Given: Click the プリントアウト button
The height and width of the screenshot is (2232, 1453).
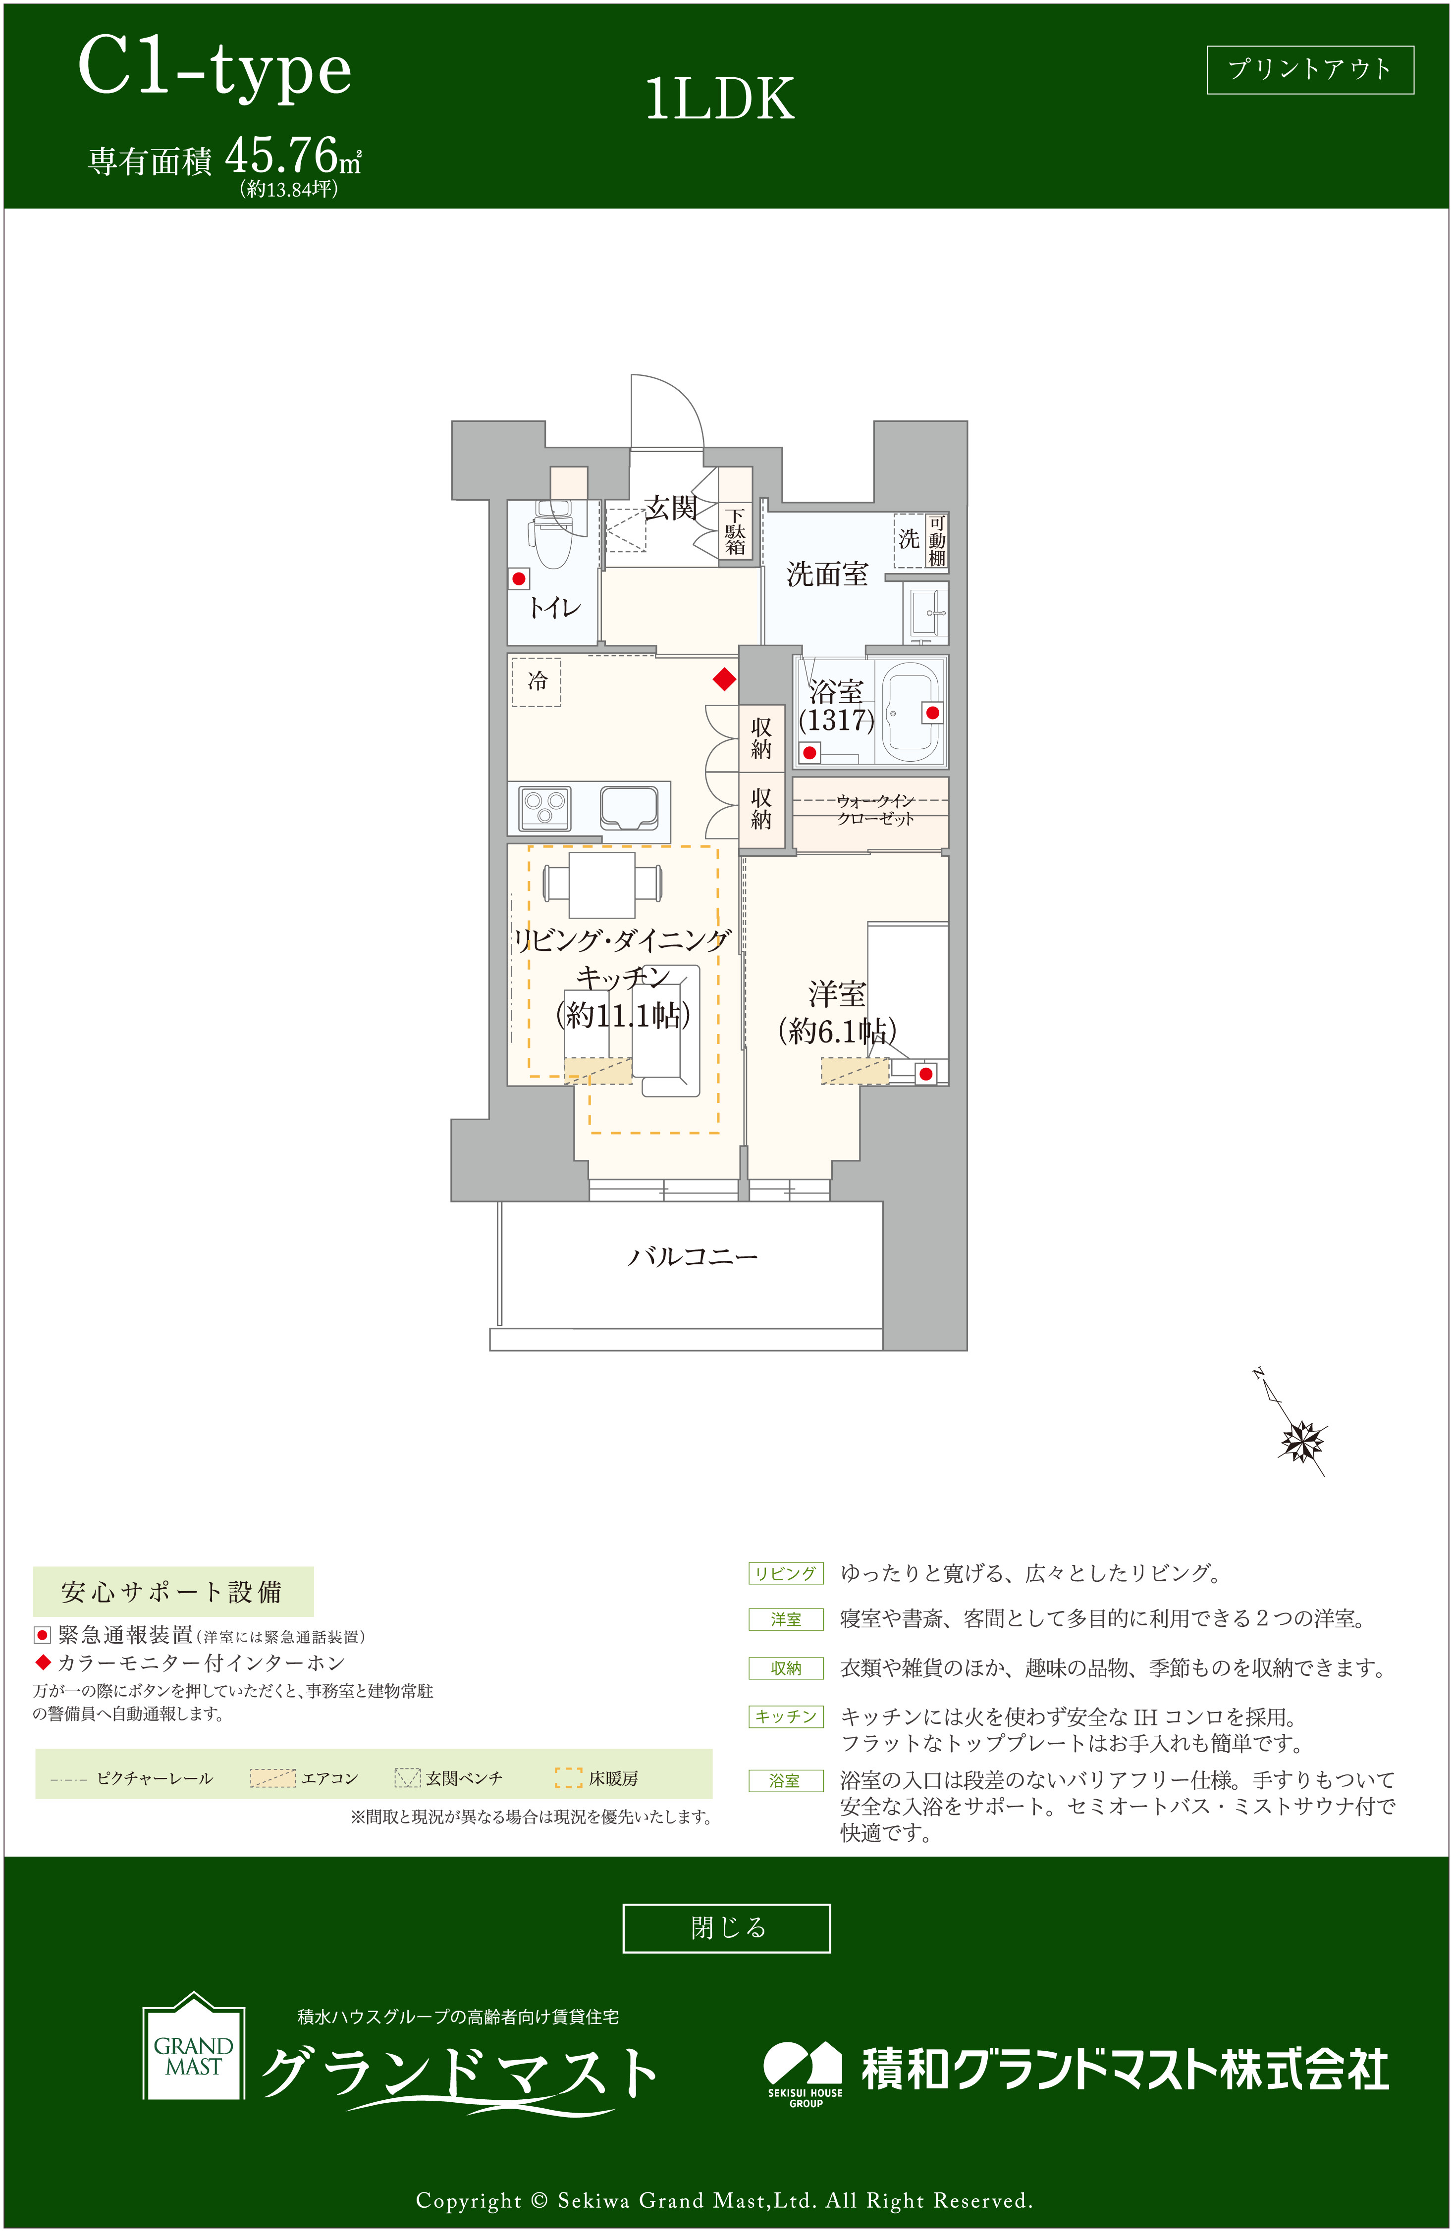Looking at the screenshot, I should coord(1309,69).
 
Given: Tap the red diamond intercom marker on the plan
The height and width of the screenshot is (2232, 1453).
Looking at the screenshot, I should coord(724,679).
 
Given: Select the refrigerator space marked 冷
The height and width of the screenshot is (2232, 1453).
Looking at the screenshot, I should coord(537,681).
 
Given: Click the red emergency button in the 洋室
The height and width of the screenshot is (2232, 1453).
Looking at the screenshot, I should coord(926,1074).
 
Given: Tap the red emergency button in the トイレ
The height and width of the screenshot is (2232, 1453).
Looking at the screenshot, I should coord(519,578).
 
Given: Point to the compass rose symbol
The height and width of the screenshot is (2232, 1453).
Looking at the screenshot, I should coord(1302,1442).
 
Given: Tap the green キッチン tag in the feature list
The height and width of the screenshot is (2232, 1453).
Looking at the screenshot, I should coord(786,1716).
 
